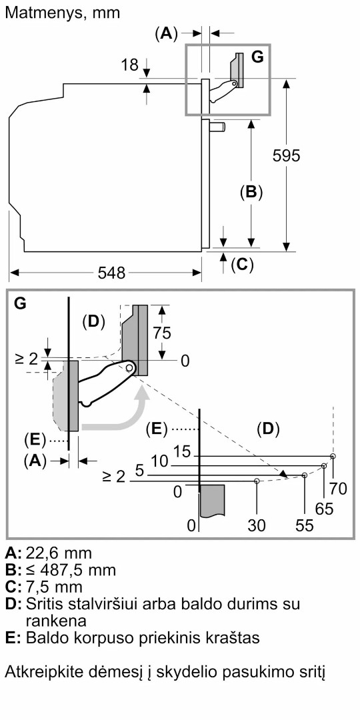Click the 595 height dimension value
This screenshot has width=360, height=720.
286,155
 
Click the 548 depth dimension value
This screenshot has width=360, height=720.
111,273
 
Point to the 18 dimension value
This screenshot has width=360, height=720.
130,65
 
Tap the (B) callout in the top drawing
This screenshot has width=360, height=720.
251,192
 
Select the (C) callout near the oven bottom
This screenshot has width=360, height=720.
242,265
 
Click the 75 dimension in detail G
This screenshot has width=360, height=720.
161,333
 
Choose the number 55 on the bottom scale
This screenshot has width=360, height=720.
305,525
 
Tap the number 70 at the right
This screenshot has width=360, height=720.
339,489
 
